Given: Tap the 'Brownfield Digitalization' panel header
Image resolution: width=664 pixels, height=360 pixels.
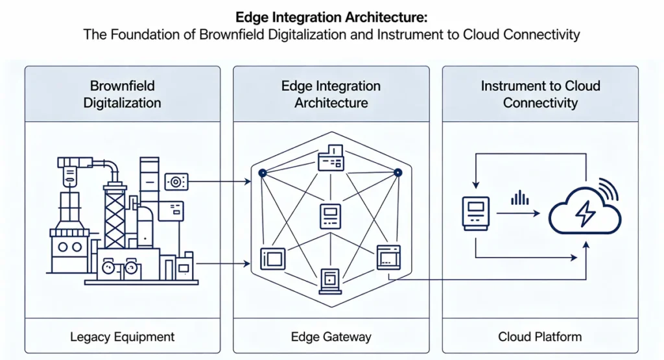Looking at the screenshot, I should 122,94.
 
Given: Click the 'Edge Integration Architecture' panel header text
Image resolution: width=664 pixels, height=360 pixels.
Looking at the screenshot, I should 331,94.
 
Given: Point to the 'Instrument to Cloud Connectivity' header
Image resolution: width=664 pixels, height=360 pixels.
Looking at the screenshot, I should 540,94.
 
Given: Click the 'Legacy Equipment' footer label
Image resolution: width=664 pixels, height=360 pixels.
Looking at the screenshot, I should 122,337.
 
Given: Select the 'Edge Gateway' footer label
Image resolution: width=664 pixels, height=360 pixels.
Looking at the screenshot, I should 331,337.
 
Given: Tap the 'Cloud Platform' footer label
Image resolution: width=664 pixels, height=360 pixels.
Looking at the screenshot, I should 540,337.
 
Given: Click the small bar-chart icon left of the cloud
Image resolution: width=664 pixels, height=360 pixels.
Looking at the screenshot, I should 519,198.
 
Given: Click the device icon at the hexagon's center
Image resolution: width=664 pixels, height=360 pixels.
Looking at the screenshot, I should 330,215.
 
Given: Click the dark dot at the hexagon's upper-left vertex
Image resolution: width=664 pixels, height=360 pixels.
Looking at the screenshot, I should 262,173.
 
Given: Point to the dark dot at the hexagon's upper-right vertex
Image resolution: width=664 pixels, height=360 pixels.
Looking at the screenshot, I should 398,173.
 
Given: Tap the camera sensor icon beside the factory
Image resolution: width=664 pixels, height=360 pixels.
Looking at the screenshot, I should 176,182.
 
